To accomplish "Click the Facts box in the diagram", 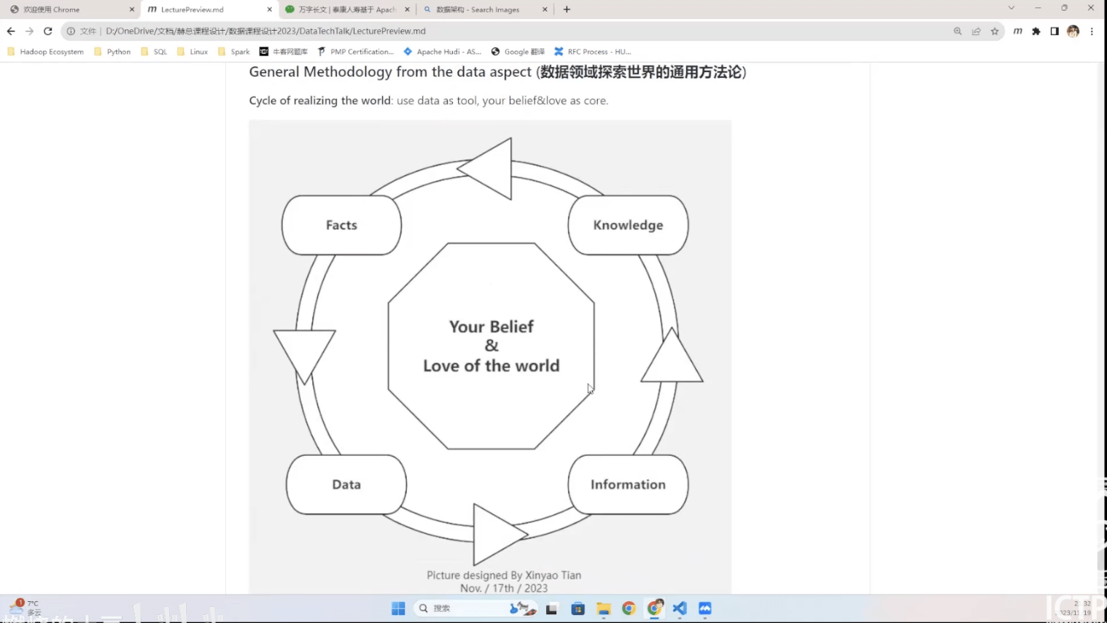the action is click(x=341, y=225).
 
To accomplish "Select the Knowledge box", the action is click(x=628, y=225).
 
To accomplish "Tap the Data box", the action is click(x=346, y=485).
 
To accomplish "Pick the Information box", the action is click(x=628, y=485).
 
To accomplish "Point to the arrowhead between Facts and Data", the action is click(x=304, y=352).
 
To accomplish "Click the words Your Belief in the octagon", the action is click(x=491, y=327).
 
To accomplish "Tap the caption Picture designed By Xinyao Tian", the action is click(x=504, y=576).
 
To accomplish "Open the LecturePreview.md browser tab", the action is click(x=193, y=9).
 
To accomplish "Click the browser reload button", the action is click(x=48, y=31).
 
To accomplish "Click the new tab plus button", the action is click(x=567, y=9).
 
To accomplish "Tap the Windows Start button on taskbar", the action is click(x=398, y=608).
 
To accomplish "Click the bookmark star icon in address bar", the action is click(x=995, y=31).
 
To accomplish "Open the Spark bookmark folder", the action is click(x=234, y=52).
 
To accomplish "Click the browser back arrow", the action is click(x=11, y=31).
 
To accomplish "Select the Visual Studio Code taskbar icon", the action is click(x=680, y=608).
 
